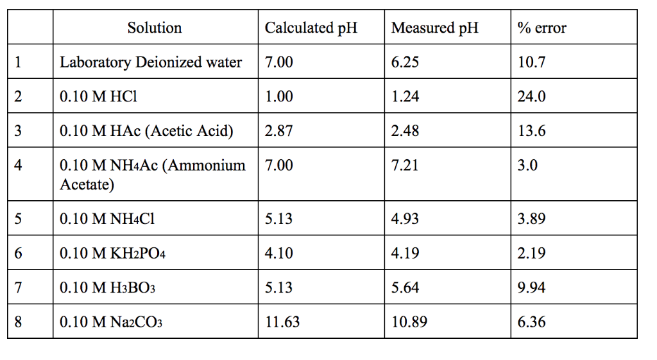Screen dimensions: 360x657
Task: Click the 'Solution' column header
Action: coord(154,28)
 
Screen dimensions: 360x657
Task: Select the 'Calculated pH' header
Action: coord(311,28)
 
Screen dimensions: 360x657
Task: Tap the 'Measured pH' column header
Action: coord(434,28)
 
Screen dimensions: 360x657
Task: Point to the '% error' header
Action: coord(542,28)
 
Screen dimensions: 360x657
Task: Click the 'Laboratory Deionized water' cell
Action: coord(151,62)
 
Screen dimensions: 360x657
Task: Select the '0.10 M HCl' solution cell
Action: coord(98,96)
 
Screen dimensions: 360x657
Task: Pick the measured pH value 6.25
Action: coord(405,62)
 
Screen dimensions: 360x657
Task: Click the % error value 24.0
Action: coord(531,96)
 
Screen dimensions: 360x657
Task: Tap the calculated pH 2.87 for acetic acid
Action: coord(278,131)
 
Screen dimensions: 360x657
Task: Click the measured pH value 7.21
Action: coord(405,166)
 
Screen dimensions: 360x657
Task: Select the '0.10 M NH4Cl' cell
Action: coord(107,219)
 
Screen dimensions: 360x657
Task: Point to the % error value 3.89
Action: coord(531,219)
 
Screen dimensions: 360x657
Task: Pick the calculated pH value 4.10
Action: coord(278,253)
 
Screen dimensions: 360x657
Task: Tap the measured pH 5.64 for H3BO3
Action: coord(405,287)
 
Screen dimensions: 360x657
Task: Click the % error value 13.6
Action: coord(531,131)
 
